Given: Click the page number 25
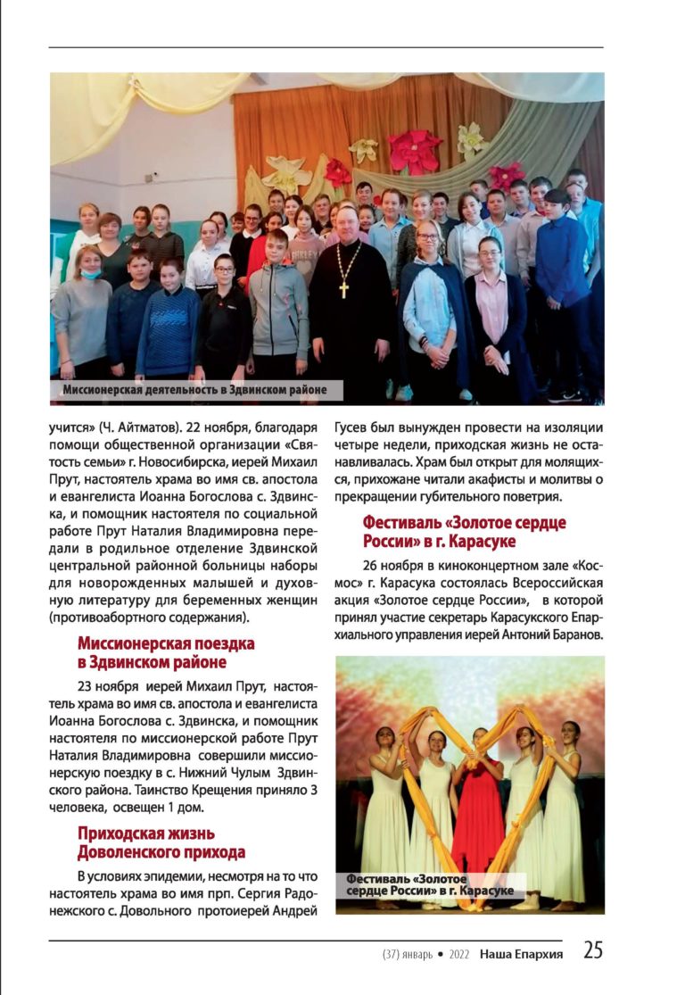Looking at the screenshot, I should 593,950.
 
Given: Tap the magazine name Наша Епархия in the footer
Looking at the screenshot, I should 521,954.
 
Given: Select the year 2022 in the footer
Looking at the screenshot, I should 453,955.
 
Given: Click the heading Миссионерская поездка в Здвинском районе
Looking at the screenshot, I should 166,652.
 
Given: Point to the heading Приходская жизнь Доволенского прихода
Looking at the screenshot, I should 161,842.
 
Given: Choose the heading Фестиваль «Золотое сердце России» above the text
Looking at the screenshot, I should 464,532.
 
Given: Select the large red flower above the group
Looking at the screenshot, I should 415,151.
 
